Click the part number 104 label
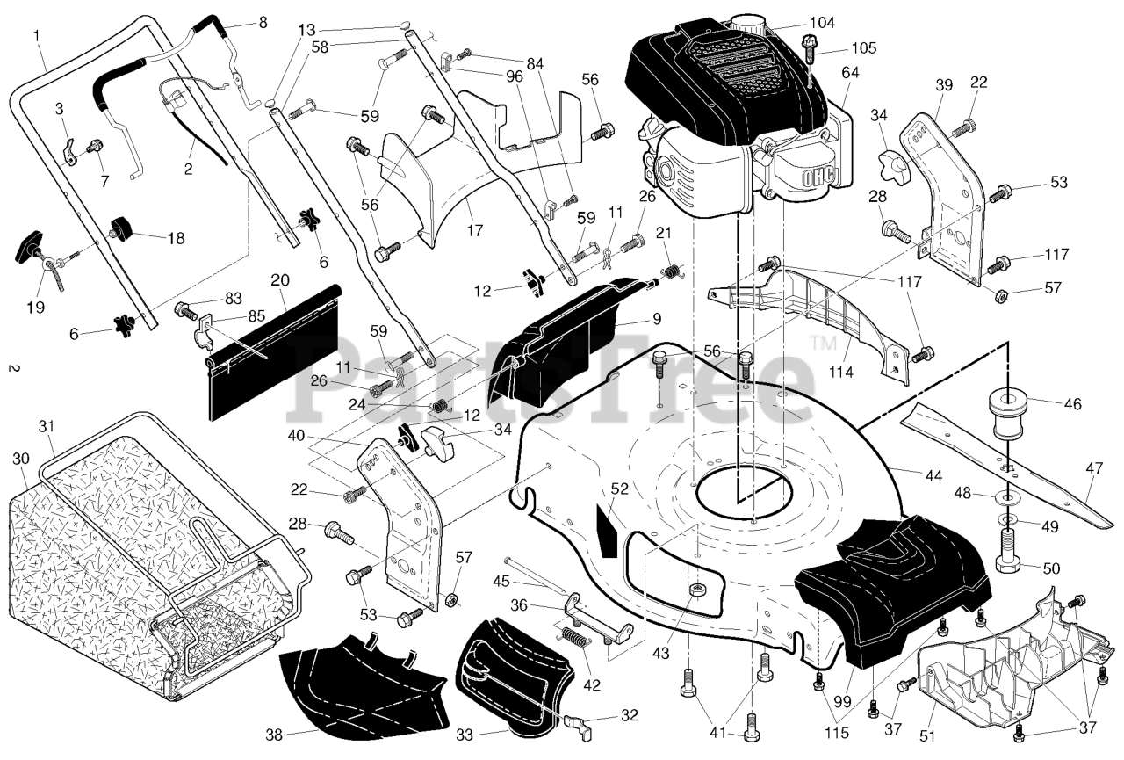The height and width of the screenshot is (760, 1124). tap(822, 23)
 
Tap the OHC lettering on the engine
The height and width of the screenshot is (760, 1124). tap(818, 177)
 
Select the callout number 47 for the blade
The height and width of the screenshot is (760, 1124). tap(1094, 468)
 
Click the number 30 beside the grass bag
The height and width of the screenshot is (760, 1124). tap(21, 459)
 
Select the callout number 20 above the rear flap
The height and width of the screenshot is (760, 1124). tap(280, 279)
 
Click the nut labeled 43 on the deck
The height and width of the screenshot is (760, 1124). tap(695, 590)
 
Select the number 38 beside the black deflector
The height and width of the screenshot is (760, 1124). tap(274, 735)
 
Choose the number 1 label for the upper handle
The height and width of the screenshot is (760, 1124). tap(36, 36)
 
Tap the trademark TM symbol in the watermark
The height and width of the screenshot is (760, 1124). tap(824, 343)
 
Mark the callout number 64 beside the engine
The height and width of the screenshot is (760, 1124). tap(850, 72)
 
